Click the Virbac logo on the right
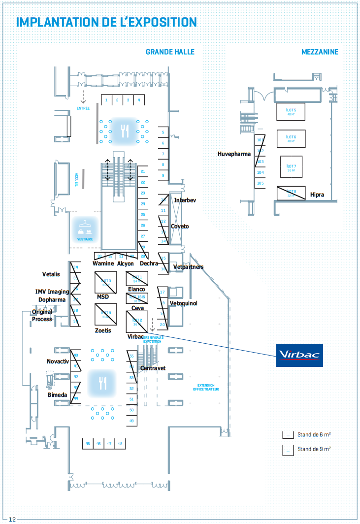[299, 355]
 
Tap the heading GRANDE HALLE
[170, 52]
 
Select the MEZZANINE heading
[320, 52]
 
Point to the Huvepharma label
[234, 154]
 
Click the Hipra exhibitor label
[317, 195]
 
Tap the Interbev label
[185, 200]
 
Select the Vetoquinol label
[183, 303]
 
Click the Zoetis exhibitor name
[103, 330]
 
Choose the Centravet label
[153, 368]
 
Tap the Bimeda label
[57, 395]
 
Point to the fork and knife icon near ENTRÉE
[125, 131]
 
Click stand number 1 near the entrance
[106, 100]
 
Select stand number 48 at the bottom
[120, 444]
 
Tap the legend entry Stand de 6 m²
[313, 435]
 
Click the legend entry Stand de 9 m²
[313, 449]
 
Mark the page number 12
[12, 519]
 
